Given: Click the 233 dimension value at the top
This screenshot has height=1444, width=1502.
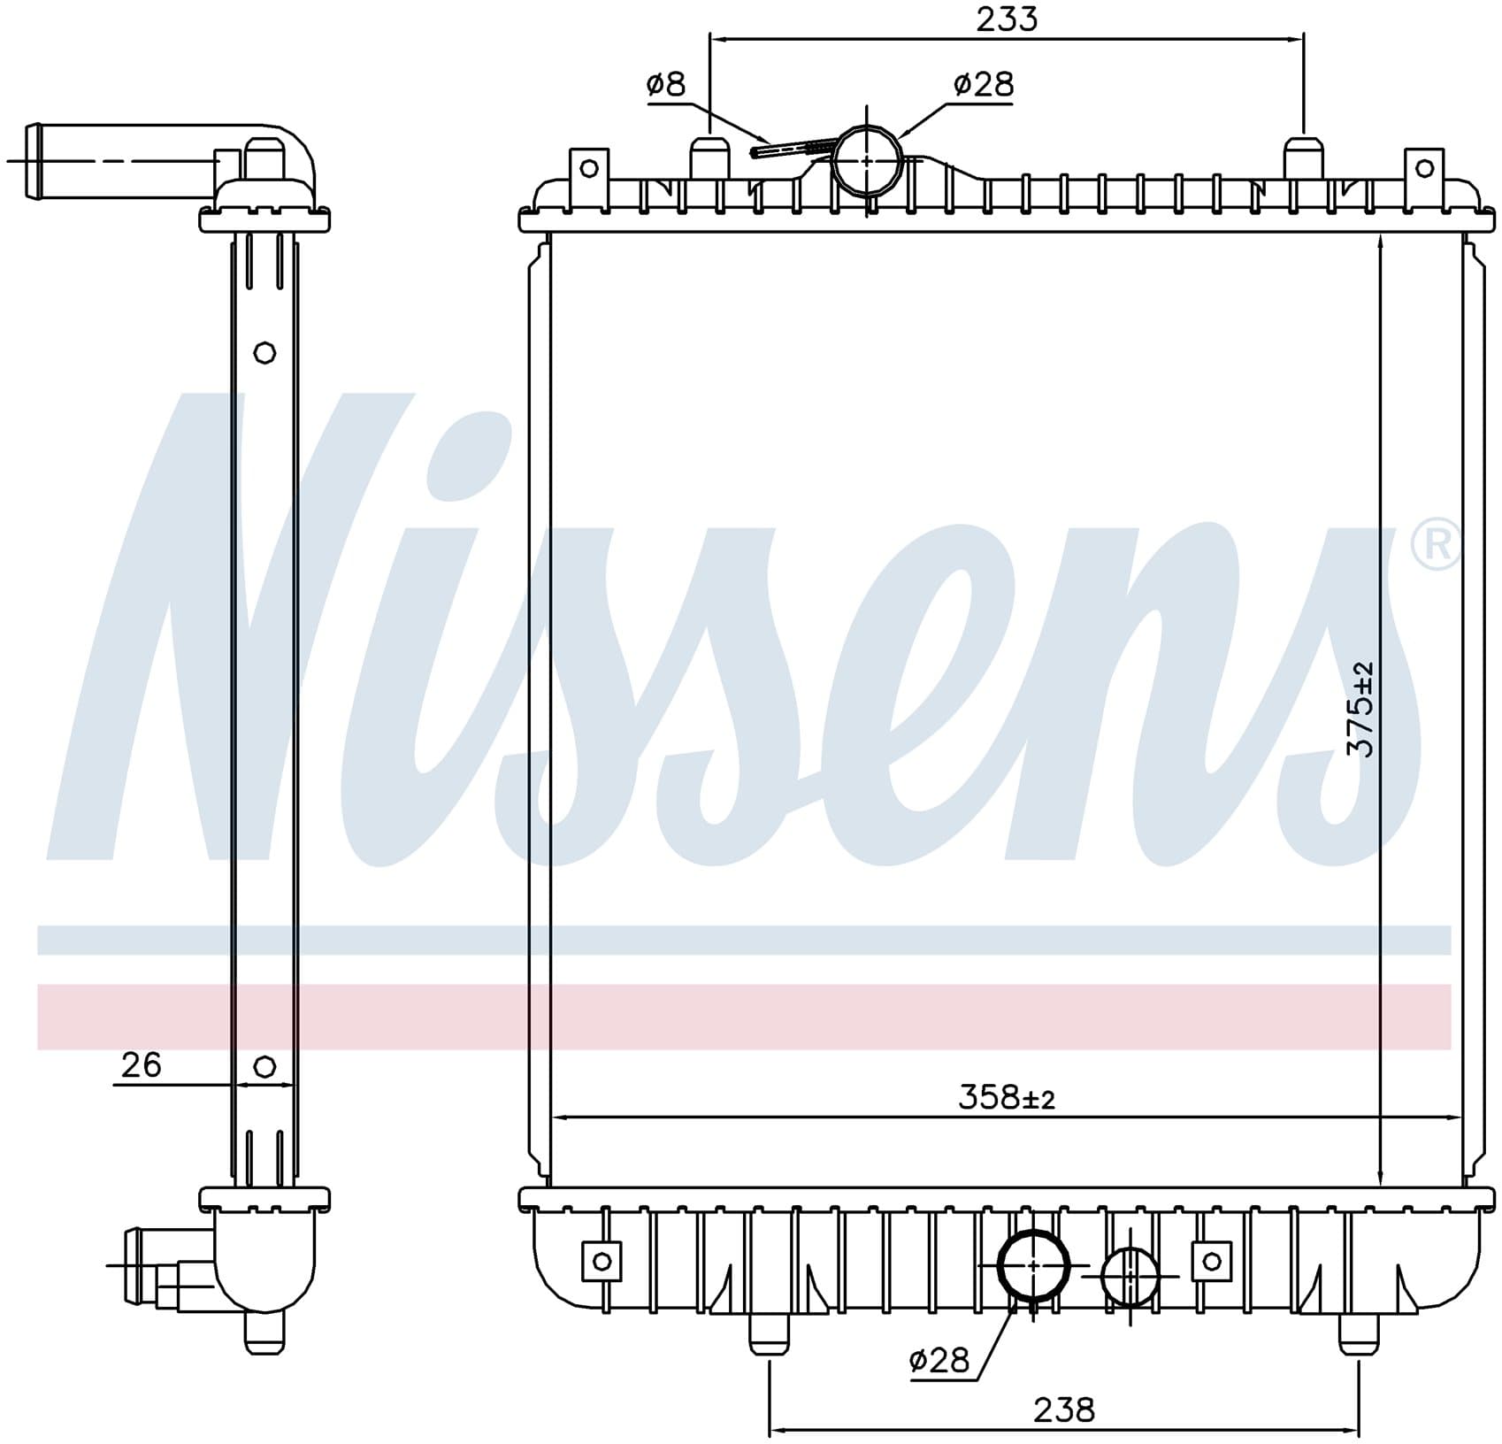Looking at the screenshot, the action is (1007, 19).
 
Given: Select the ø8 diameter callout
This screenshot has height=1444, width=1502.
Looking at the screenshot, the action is (666, 84).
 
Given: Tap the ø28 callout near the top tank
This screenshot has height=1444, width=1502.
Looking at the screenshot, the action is (984, 84).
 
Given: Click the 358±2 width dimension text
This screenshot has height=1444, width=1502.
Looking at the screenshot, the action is (1007, 1098).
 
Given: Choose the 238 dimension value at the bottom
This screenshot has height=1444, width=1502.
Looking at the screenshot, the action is (1064, 1409).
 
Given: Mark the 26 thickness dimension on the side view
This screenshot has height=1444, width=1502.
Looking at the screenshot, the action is (141, 1064).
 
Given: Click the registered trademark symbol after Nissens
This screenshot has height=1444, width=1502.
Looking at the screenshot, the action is (1436, 545).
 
